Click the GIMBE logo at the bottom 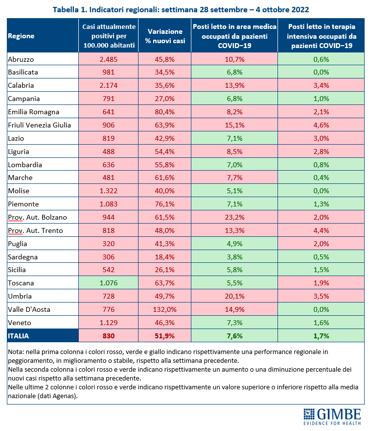tap(332, 416)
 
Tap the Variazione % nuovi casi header tap(165, 36)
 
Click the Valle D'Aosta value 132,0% tap(165, 309)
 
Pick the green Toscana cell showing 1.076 tap(108, 283)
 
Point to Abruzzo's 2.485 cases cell tap(108, 59)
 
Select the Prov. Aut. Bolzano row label tap(37, 217)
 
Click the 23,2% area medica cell tap(234, 217)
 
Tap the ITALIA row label tap(19, 336)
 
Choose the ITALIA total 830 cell tap(108, 335)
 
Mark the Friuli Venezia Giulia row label tap(39, 125)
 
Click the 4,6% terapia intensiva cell tap(321, 125)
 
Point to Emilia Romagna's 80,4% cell tap(165, 112)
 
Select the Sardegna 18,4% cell tap(165, 257)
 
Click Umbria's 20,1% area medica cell tap(234, 296)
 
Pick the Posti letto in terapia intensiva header tap(321, 36)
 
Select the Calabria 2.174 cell tap(108, 85)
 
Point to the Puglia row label tap(18, 244)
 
